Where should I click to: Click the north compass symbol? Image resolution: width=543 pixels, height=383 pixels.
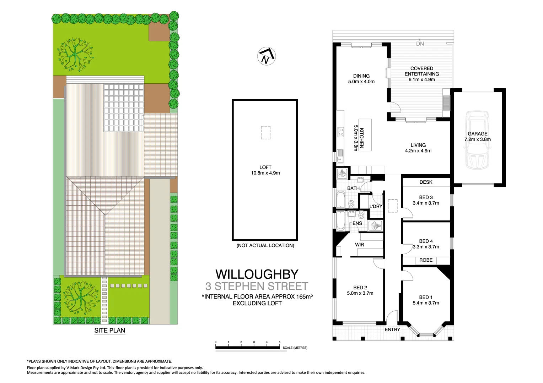(266, 56)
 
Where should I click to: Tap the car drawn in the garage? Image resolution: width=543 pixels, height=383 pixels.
(477, 140)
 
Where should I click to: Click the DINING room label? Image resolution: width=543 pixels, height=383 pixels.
(361, 76)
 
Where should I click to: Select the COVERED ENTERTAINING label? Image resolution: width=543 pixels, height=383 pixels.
(421, 71)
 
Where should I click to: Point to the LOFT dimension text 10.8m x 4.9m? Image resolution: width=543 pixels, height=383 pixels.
(265, 173)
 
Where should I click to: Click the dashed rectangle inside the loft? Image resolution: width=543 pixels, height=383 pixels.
(265, 133)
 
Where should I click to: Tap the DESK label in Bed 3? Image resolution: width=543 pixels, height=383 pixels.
(426, 182)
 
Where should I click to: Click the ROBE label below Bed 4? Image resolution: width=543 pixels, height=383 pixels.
(426, 260)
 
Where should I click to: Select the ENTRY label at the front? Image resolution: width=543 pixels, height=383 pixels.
(392, 329)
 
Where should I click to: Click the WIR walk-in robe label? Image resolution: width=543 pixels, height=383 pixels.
(359, 245)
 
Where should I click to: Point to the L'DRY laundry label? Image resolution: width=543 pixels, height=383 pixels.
(376, 206)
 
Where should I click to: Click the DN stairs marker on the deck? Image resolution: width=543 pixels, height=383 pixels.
(420, 44)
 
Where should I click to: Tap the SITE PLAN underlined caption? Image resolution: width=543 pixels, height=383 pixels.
(109, 331)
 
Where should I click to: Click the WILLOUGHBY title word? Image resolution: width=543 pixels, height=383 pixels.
(257, 274)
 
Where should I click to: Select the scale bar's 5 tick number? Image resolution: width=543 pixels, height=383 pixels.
(279, 342)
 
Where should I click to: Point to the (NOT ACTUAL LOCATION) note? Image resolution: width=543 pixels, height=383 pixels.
(265, 245)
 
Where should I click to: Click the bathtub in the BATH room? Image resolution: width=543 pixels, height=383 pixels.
(340, 199)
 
